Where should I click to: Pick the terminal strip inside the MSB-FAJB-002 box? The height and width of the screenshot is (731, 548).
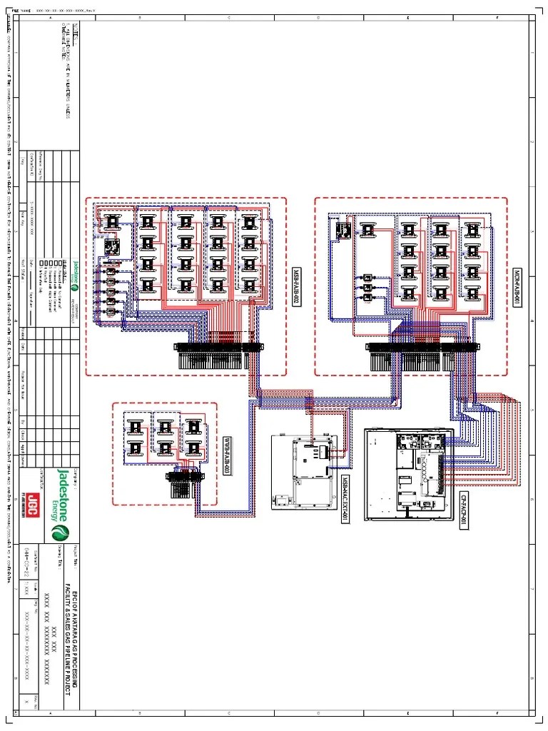pos(218,355)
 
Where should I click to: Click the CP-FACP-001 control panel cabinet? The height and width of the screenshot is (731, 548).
pos(408,475)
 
